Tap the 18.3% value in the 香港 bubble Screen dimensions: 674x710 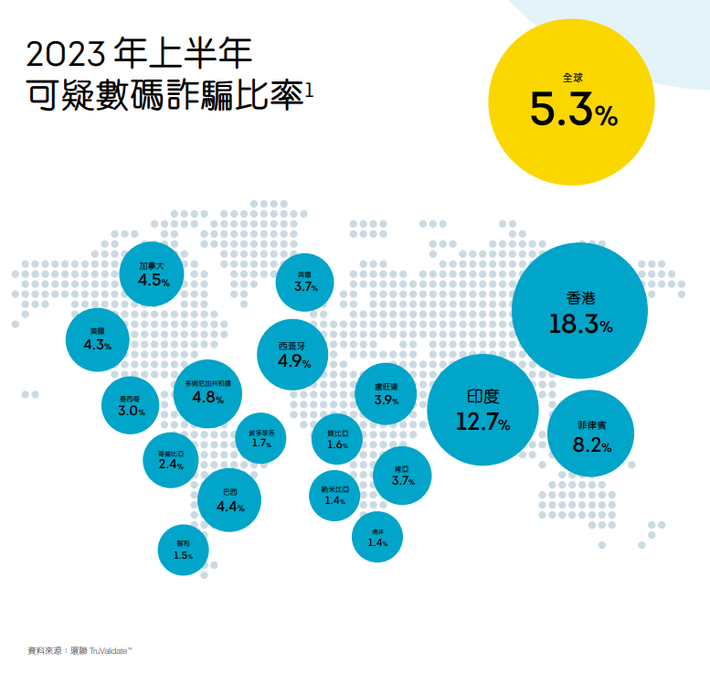pyautogui.click(x=580, y=325)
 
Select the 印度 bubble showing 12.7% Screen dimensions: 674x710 pyautogui.click(x=482, y=410)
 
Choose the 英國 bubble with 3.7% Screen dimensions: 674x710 pyautogui.click(x=304, y=282)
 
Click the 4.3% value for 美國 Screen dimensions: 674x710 pyautogui.click(x=97, y=345)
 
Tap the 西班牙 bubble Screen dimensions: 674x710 pyautogui.click(x=295, y=354)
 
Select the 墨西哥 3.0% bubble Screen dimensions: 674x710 pyautogui.click(x=130, y=406)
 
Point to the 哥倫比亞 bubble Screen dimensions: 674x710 pyautogui.click(x=171, y=459)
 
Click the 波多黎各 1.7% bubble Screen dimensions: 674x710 pyautogui.click(x=260, y=438)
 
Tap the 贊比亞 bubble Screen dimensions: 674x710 pyautogui.click(x=337, y=439)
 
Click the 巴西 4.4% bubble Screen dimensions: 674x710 pyautogui.click(x=229, y=499)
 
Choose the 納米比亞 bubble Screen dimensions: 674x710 pyautogui.click(x=334, y=495)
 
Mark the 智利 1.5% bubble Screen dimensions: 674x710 pyautogui.click(x=183, y=550)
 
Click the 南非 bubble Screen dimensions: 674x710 pyautogui.click(x=377, y=538)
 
